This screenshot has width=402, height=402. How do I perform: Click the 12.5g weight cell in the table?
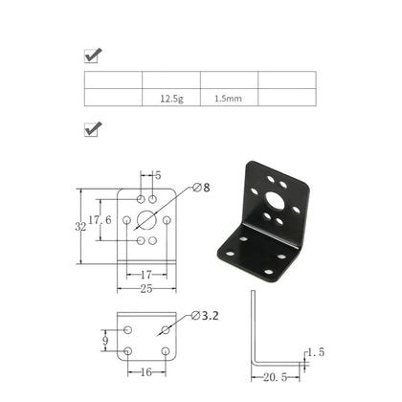click(x=171, y=98)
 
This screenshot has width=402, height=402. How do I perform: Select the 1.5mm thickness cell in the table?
click(x=229, y=98)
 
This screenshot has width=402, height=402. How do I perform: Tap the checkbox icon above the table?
click(x=94, y=56)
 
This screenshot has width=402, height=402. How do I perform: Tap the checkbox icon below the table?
click(x=94, y=128)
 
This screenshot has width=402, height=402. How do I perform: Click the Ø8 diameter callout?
click(x=202, y=188)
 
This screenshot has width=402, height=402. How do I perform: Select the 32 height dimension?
click(x=80, y=229)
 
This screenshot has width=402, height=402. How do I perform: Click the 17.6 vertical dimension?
click(x=100, y=219)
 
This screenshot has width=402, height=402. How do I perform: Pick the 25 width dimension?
click(x=145, y=287)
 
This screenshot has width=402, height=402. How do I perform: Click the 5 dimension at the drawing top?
click(x=158, y=175)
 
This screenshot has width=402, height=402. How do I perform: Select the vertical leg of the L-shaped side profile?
click(x=253, y=325)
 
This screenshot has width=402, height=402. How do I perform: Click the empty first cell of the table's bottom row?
click(x=113, y=98)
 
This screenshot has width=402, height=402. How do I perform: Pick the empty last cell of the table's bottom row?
click(x=287, y=98)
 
